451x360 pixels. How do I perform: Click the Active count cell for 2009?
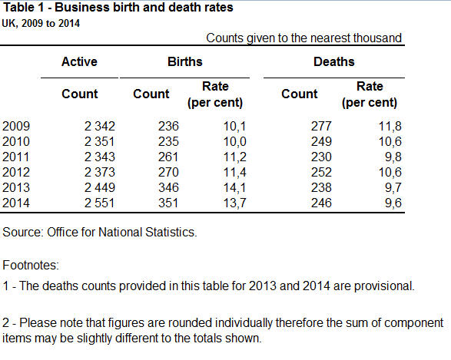pyautogui.click(x=100, y=127)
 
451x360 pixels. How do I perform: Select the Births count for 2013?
pyautogui.click(x=168, y=187)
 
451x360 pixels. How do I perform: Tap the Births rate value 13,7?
pyautogui.click(x=234, y=203)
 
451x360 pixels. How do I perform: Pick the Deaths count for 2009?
pyautogui.click(x=321, y=127)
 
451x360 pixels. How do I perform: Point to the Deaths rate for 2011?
pyautogui.click(x=393, y=157)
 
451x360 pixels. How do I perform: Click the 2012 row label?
pyautogui.click(x=16, y=173)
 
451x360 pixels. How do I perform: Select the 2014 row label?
pyautogui.click(x=16, y=203)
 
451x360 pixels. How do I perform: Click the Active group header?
pyautogui.click(x=79, y=61)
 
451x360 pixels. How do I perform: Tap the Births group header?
pyautogui.click(x=185, y=61)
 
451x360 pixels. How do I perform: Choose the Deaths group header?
pyautogui.click(x=334, y=61)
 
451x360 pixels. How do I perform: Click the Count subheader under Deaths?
pyautogui.click(x=300, y=94)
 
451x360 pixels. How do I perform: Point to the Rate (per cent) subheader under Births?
pyautogui.click(x=215, y=94)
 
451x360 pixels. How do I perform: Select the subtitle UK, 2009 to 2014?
pyautogui.click(x=41, y=23)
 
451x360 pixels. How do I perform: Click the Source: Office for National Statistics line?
pyautogui.click(x=100, y=232)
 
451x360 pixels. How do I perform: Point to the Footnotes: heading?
pyautogui.click(x=31, y=265)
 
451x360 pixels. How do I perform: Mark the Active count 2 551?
pyautogui.click(x=100, y=203)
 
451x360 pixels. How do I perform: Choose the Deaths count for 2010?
pyautogui.click(x=321, y=142)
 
